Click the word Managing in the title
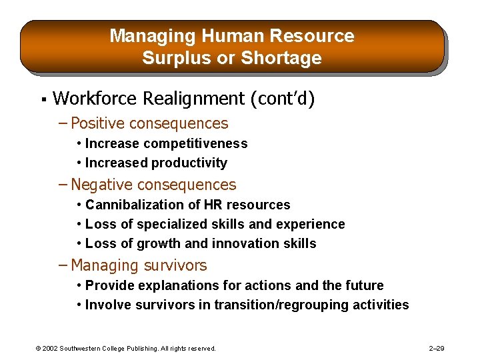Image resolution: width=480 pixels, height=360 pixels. (142, 36)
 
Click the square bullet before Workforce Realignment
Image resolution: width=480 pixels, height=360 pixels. (43, 100)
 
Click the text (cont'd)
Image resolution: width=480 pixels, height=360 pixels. (282, 99)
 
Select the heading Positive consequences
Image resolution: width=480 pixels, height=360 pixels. (149, 123)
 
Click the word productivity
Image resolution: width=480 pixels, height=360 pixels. (189, 163)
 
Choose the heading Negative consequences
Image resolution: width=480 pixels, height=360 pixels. (153, 185)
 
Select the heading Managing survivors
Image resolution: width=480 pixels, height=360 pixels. (139, 265)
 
